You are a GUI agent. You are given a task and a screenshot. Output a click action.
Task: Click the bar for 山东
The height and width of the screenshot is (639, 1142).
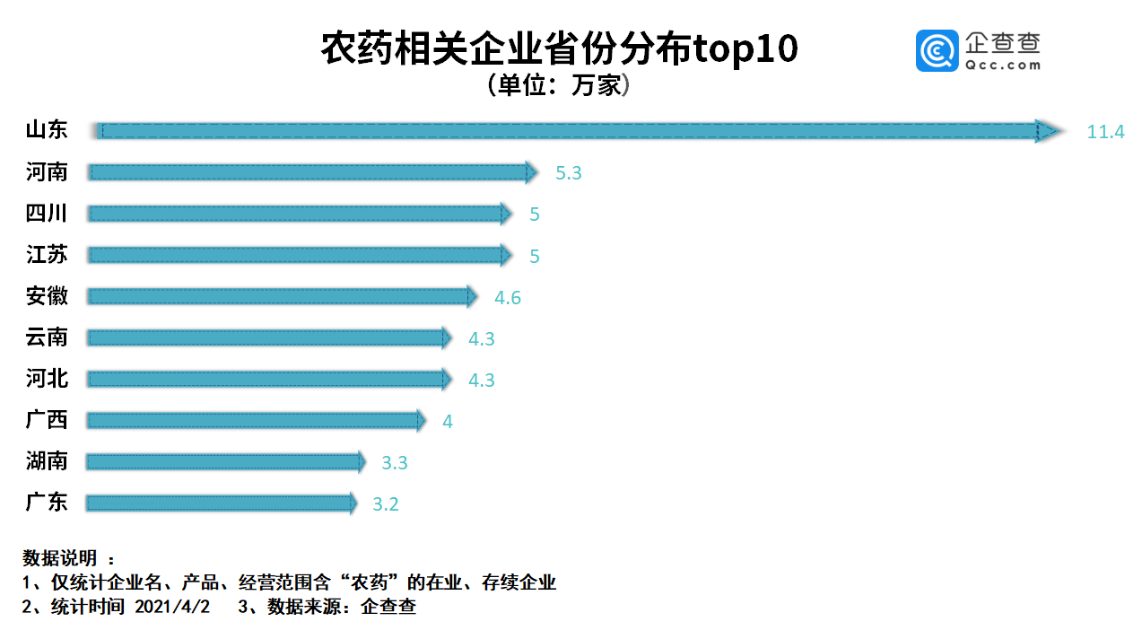[x=574, y=131]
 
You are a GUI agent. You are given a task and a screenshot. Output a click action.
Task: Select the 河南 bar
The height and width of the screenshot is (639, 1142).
[x=309, y=172]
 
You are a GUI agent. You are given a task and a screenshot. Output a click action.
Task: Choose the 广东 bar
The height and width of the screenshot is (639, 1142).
[x=220, y=503]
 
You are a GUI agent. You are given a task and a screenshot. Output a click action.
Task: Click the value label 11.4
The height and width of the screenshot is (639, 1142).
[x=1105, y=132]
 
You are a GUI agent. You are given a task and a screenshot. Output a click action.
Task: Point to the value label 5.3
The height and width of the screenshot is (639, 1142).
[x=569, y=173]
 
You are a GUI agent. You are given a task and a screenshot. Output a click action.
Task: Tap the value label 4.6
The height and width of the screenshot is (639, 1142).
[x=508, y=297]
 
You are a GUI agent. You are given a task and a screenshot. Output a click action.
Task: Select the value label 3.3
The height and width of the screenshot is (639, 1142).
[x=395, y=463]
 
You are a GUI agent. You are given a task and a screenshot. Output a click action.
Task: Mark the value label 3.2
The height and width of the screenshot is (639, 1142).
[x=386, y=504]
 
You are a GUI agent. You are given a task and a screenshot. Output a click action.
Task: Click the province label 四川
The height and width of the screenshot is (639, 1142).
[x=47, y=214]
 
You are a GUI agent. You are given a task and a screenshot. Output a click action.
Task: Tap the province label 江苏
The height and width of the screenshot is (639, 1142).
[x=47, y=255]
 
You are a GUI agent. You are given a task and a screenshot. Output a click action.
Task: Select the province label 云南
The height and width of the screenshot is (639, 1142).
[x=47, y=337]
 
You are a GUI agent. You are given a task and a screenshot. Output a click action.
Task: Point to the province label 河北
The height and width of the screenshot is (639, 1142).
[x=47, y=379]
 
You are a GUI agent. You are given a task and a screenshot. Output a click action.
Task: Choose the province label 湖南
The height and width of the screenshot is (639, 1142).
[x=47, y=461]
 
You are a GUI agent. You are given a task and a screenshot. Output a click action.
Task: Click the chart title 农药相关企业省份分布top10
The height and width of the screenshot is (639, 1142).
[x=559, y=50]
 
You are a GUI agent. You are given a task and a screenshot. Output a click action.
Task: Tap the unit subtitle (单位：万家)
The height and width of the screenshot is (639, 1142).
[x=559, y=85]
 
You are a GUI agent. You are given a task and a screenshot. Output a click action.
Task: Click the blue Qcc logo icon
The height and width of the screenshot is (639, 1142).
[x=937, y=50]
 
